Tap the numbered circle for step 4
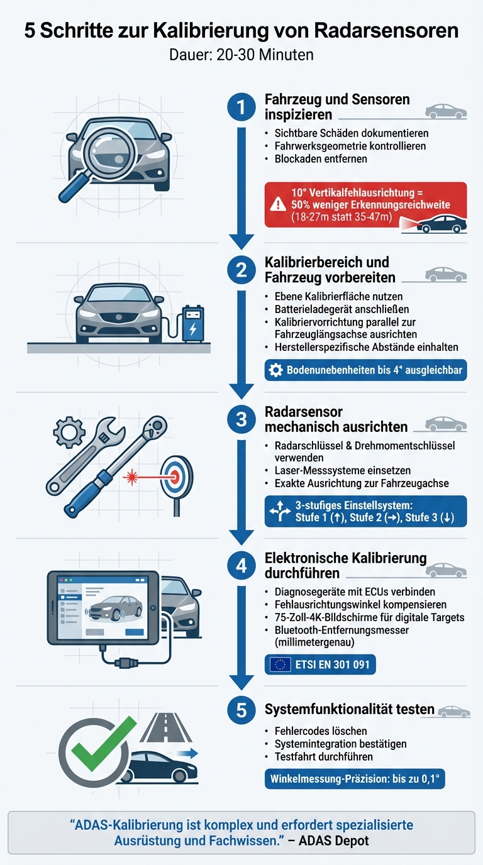pos(240,566)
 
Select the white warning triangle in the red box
pos(277,203)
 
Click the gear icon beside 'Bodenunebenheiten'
pos(275,370)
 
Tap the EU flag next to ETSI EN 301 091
pos(280,664)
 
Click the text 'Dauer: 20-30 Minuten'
pos(241,55)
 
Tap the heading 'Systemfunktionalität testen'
pos(349,709)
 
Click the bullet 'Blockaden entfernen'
pos(321,158)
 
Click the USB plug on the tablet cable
pos(125,663)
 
